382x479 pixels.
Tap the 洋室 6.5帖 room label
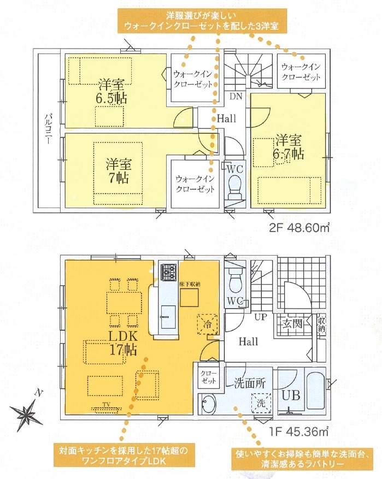(111, 92)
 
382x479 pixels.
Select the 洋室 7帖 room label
(119, 170)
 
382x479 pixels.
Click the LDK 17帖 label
(123, 343)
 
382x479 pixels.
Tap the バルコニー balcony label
(48, 128)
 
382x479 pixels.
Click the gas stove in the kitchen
(169, 272)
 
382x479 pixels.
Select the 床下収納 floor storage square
(189, 298)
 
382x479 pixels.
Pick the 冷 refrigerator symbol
(208, 324)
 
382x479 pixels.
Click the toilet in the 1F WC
(235, 282)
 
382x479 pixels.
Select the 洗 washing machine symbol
(261, 403)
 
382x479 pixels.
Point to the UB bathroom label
(291, 395)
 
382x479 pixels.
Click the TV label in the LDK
(106, 405)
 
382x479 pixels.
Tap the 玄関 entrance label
(292, 323)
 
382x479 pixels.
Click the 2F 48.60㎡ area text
(299, 228)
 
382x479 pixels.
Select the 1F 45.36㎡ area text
(299, 431)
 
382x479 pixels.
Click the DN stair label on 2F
(236, 97)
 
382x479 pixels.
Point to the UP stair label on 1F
(261, 317)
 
